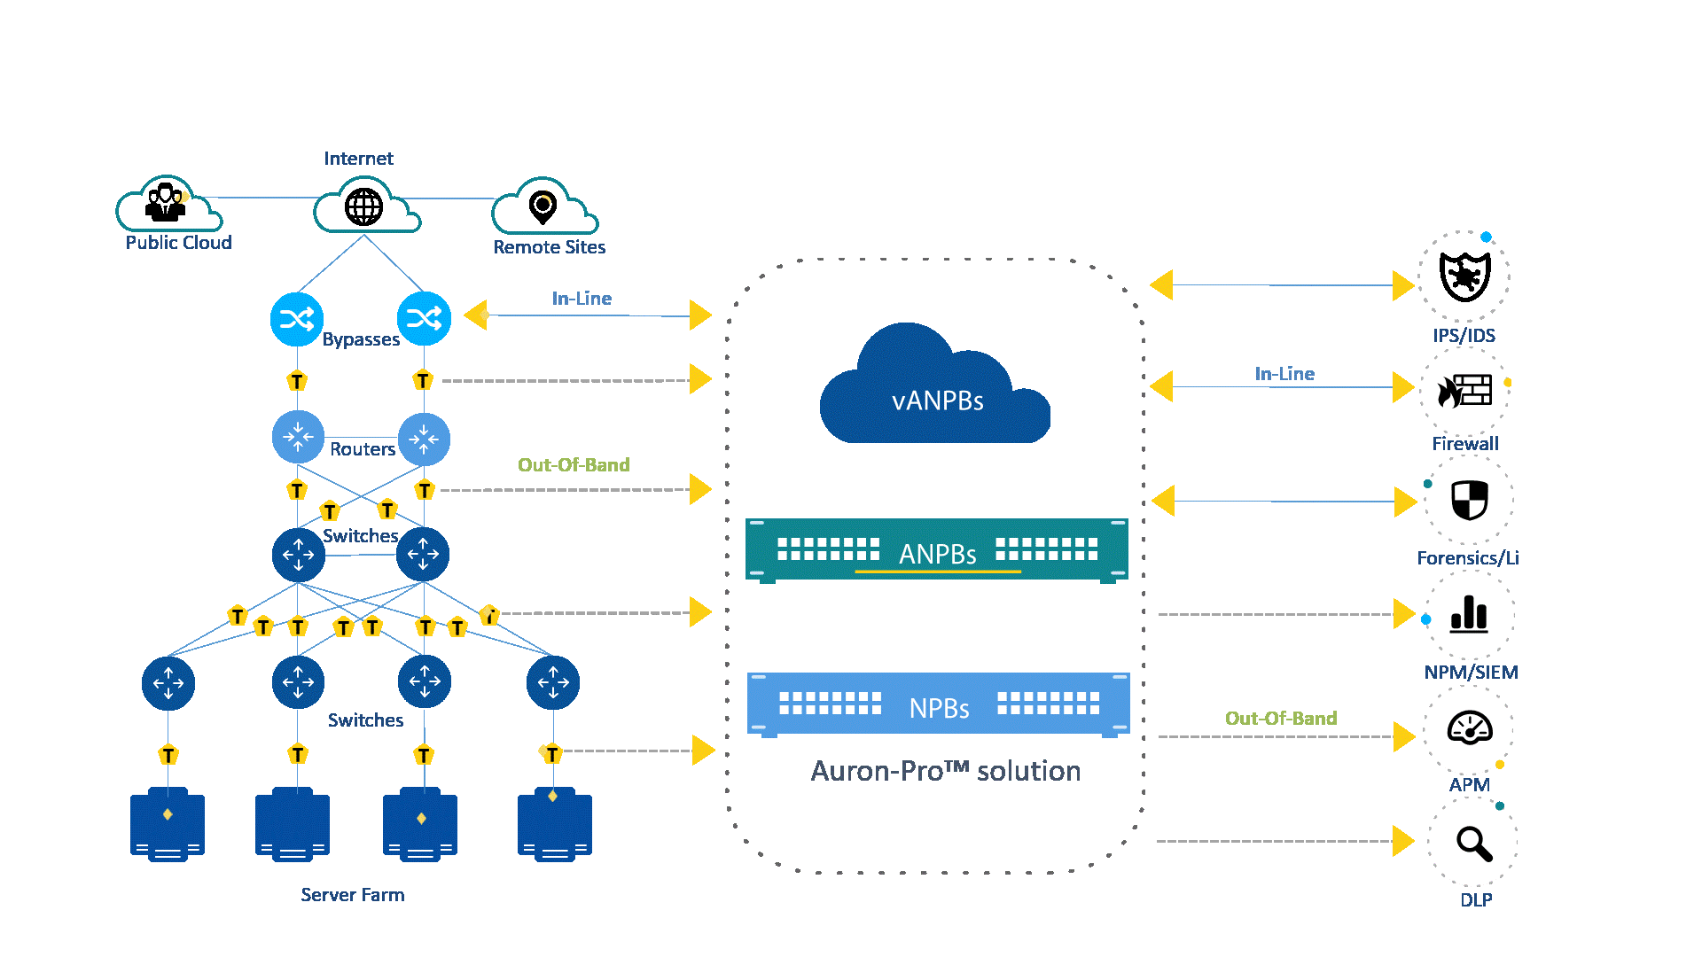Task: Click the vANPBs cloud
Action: (x=935, y=390)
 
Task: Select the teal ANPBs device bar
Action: (x=937, y=550)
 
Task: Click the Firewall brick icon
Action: (x=1464, y=391)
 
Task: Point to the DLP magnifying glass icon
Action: (x=1472, y=842)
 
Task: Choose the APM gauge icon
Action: (x=1469, y=729)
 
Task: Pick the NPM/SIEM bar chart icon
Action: (x=1469, y=614)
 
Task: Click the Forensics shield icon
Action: (x=1469, y=501)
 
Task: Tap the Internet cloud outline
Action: (x=365, y=206)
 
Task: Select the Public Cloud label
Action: (x=178, y=243)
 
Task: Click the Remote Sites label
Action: (x=549, y=247)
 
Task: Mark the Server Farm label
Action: (x=352, y=895)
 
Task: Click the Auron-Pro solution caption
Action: (x=945, y=771)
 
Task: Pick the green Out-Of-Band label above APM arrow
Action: (x=1280, y=718)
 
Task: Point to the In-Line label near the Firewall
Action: (x=1284, y=374)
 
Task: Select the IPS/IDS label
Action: (x=1464, y=336)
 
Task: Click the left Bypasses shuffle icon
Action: (x=297, y=319)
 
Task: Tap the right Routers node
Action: (x=424, y=439)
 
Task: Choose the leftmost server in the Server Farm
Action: (x=168, y=824)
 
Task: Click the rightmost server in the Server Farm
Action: (x=554, y=824)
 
